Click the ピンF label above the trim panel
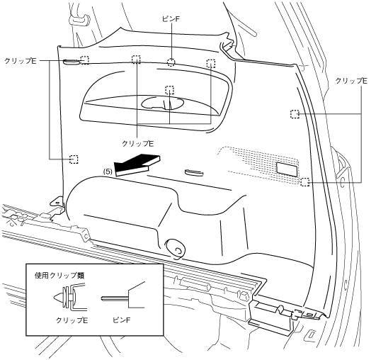(x=171, y=19)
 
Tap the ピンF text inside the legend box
(x=121, y=320)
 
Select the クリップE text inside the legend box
(x=72, y=320)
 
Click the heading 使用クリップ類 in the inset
(x=59, y=276)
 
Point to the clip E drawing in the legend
(x=69, y=297)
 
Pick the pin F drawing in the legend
(x=123, y=296)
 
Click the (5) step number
(x=108, y=171)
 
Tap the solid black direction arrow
(x=137, y=164)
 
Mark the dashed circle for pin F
(x=171, y=62)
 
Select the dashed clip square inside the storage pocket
(x=169, y=90)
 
